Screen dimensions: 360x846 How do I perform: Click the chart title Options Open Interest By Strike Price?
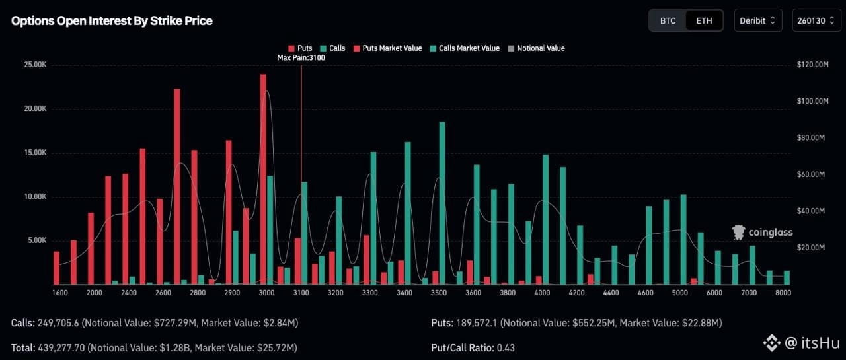coord(112,20)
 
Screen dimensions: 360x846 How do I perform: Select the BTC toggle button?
coord(668,20)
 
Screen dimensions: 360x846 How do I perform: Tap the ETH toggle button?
coord(704,20)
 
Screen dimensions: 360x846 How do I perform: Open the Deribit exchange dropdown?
coord(757,20)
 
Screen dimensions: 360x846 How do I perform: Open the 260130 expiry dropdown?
coord(816,20)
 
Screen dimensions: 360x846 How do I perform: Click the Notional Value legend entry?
coord(540,48)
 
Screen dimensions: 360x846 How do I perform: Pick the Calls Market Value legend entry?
coord(469,48)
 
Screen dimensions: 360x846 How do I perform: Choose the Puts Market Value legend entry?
coord(391,48)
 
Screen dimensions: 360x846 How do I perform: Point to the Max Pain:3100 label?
coord(301,58)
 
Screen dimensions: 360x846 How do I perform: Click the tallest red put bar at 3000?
coord(263,178)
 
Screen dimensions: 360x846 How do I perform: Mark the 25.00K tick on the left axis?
coord(34,65)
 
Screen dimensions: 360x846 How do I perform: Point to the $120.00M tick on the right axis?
coord(812,65)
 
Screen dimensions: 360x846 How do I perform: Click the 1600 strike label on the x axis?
coord(59,293)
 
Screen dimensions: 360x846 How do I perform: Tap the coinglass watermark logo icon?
coord(739,232)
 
